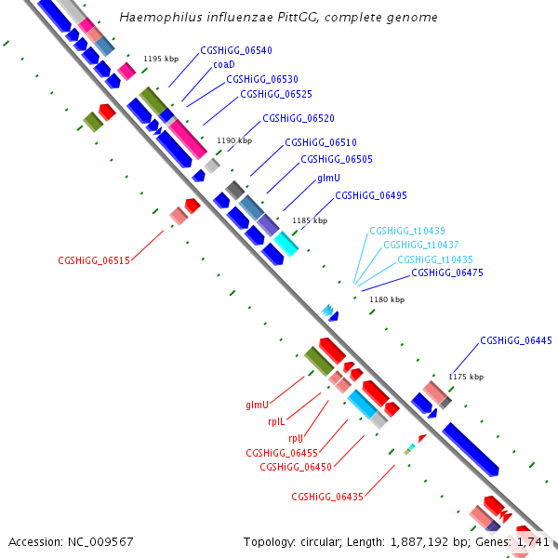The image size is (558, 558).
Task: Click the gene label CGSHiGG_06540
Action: pyautogui.click(x=236, y=50)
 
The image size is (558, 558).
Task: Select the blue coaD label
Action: pyautogui.click(x=224, y=64)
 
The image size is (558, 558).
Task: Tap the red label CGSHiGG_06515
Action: pyautogui.click(x=94, y=260)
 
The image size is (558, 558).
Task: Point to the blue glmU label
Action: pyautogui.click(x=328, y=178)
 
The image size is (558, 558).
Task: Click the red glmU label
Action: pyautogui.click(x=257, y=405)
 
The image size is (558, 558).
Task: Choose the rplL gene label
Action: pyautogui.click(x=276, y=421)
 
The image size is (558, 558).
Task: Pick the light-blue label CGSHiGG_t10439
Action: pyautogui.click(x=407, y=231)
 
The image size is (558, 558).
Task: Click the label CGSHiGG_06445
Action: pyautogui.click(x=516, y=340)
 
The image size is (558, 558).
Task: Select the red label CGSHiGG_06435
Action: pyautogui.click(x=327, y=497)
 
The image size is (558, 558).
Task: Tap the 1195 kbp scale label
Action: pyautogui.click(x=161, y=59)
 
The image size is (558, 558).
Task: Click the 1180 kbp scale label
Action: pyautogui.click(x=387, y=299)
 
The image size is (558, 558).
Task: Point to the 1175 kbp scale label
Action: pyautogui.click(x=466, y=377)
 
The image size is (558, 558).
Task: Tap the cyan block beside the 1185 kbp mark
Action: pyautogui.click(x=286, y=244)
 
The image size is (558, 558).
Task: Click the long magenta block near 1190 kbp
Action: pyautogui.click(x=188, y=139)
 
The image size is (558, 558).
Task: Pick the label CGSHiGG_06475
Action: pyautogui.click(x=447, y=272)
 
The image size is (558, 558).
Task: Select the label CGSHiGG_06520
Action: pyautogui.click(x=299, y=118)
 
